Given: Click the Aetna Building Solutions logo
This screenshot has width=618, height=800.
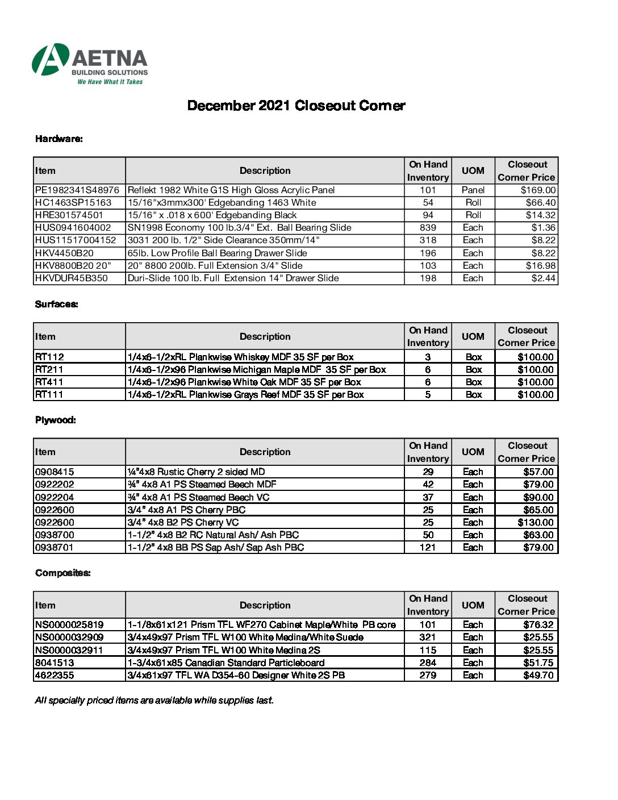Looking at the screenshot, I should point(90,64).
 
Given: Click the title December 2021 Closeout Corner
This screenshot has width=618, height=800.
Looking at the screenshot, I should point(296,106).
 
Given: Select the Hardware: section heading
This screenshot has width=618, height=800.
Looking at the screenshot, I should point(59,139).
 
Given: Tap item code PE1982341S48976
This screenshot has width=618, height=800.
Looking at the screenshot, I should point(77,190).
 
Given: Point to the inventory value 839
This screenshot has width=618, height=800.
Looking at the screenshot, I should point(428,227).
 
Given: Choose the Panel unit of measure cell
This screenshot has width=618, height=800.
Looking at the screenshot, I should point(473,190).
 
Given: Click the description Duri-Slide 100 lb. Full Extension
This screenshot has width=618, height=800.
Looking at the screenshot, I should point(233,278).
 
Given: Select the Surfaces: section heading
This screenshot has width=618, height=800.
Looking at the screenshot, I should point(57,304).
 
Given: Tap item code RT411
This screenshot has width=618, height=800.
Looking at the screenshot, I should point(49,382).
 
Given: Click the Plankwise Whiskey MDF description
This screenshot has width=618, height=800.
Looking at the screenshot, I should point(240,357).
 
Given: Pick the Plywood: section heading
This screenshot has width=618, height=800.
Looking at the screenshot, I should point(56,420).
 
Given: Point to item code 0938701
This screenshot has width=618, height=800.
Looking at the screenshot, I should point(55,547).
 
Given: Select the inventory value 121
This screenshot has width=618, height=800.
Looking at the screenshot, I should point(428,547).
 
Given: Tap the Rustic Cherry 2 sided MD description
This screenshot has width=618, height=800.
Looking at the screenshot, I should point(196,472).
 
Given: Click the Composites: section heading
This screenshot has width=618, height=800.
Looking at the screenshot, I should point(63,573).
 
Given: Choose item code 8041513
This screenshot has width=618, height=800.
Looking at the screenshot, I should point(55,663).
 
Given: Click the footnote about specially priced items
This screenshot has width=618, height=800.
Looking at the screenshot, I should point(154,700).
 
